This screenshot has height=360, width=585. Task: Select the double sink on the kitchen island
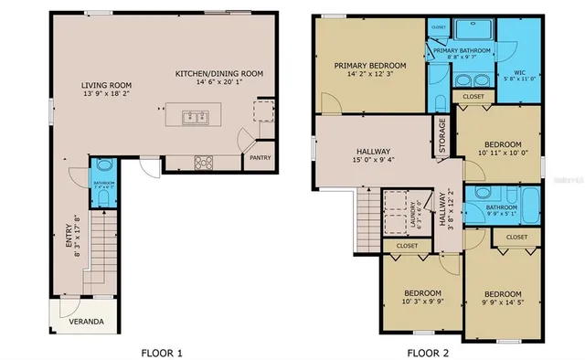coord(194,116)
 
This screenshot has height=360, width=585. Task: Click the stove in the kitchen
coord(203,163)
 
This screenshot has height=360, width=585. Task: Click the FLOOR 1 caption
coord(162,352)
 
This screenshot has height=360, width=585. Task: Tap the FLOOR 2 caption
coord(429,352)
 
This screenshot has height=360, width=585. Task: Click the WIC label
coord(519,72)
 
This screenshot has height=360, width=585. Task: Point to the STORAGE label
coord(442,134)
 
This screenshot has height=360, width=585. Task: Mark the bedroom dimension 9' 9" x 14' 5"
coord(502,303)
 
